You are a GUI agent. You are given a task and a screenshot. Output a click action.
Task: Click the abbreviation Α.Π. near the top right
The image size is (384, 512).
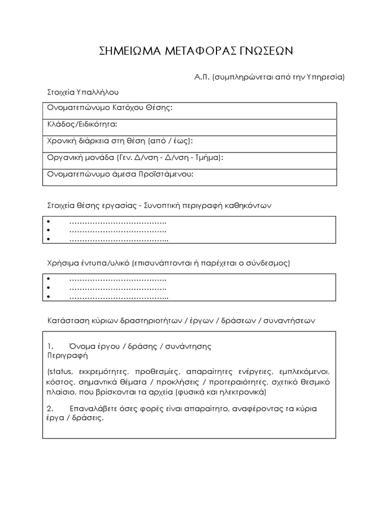[x=202, y=77]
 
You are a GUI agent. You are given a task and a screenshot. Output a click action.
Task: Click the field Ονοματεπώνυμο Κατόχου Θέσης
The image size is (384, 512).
[x=110, y=108]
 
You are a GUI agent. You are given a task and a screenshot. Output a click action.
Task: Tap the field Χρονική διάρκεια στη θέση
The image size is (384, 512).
[x=120, y=141]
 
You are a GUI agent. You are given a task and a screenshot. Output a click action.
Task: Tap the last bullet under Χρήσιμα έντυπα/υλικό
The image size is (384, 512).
[x=49, y=297]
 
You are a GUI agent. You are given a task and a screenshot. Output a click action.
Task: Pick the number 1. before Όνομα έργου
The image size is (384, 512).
[x=50, y=346]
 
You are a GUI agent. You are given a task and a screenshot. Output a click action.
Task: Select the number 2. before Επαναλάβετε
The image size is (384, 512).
[x=50, y=409]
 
